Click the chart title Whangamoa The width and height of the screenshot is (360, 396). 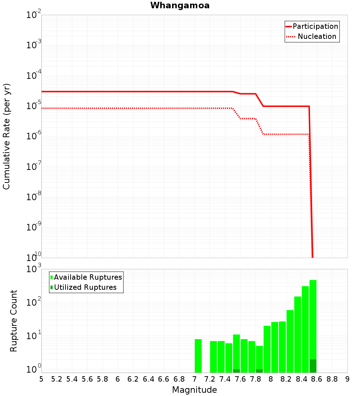click(x=180, y=5)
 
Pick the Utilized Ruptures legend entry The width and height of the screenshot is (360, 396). click(x=85, y=287)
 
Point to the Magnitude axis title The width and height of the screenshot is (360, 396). click(x=194, y=390)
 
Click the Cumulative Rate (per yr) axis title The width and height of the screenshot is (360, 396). click(x=6, y=136)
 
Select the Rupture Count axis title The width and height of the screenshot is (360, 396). click(x=14, y=321)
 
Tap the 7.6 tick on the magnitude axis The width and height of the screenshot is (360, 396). click(x=240, y=379)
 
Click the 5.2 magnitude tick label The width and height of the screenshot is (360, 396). click(x=57, y=379)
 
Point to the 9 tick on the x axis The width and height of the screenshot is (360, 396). click(x=347, y=379)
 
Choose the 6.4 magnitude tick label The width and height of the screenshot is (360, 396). click(x=148, y=379)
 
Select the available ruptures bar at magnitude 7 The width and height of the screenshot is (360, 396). click(x=198, y=356)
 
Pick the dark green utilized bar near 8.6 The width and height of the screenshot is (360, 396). click(x=313, y=366)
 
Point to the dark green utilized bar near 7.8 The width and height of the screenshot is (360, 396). click(x=259, y=371)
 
